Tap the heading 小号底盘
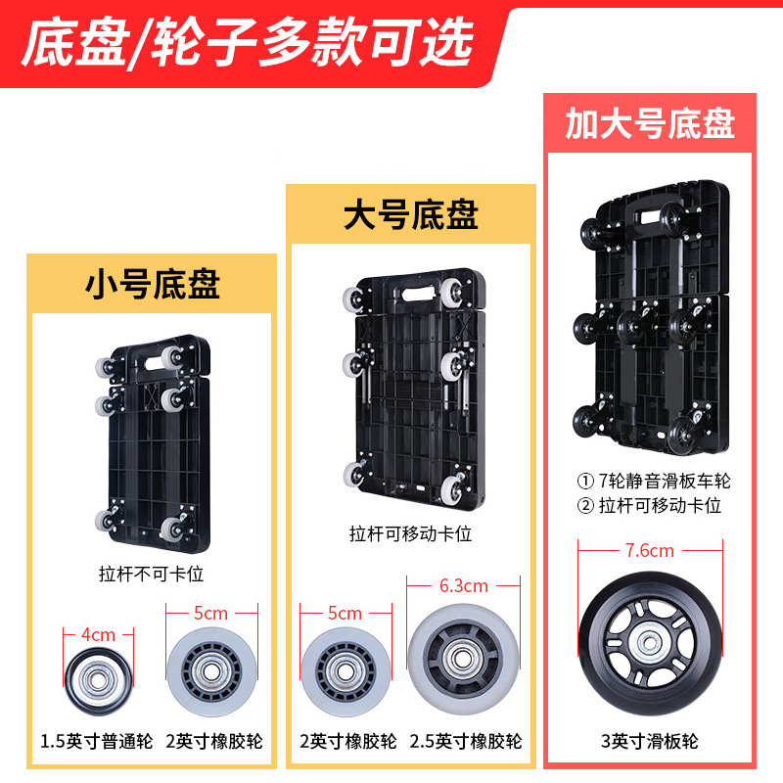point(152,284)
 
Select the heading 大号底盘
point(411,214)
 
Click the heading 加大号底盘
point(650,124)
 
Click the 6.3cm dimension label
point(464,586)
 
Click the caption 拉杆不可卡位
point(152,572)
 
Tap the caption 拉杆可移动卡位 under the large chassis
point(411,534)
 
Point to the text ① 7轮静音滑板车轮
point(654,482)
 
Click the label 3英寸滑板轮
point(650,742)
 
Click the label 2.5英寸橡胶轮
point(466,742)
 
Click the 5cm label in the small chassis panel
point(210,614)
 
